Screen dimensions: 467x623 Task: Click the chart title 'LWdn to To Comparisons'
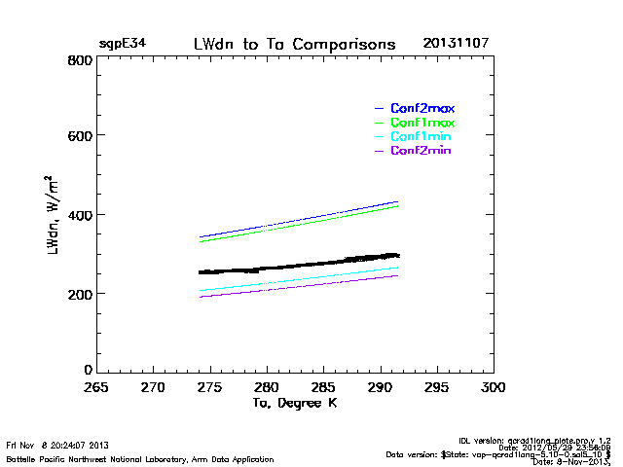[294, 45]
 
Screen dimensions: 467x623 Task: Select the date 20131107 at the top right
[457, 45]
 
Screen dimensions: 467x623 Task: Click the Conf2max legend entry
[422, 108]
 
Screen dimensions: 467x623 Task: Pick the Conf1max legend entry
[422, 123]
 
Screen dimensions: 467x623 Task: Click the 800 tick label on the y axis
[80, 60]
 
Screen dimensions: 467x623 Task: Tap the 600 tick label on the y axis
[80, 137]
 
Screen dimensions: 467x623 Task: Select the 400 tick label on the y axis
[80, 215]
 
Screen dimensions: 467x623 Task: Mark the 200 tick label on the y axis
[80, 293]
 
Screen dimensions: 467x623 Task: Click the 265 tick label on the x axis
[95, 387]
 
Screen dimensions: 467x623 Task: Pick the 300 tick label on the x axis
[494, 387]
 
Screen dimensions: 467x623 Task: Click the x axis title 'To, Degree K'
[295, 402]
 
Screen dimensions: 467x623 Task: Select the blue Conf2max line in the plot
[292, 224]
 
